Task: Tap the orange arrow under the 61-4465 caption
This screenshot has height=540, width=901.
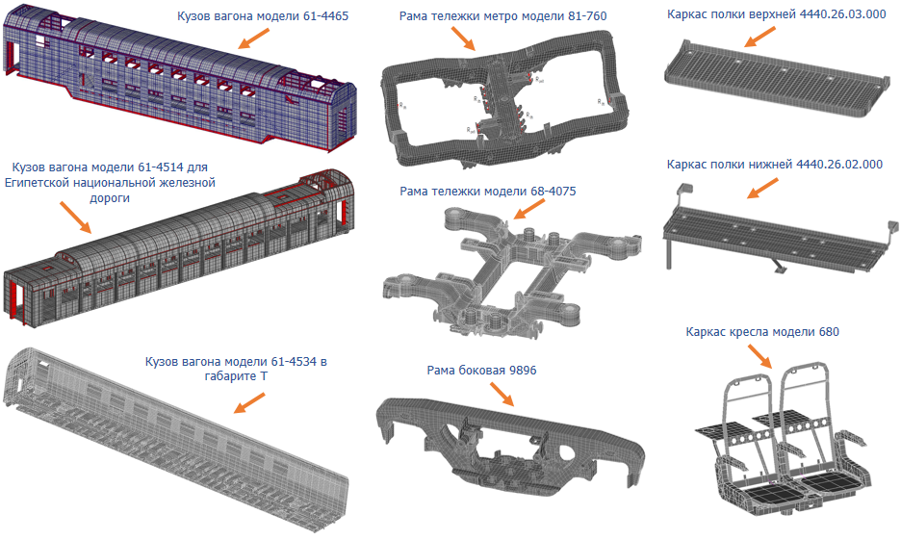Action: (x=253, y=38)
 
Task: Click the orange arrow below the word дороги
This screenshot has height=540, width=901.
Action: (x=75, y=217)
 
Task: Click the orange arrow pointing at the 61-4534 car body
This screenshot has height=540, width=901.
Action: (x=249, y=402)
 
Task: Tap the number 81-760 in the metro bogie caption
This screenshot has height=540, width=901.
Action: (x=585, y=16)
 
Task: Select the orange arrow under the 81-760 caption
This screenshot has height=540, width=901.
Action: (x=463, y=38)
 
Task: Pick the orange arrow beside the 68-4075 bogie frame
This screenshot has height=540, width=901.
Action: (x=528, y=209)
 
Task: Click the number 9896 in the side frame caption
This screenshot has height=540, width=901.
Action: (x=523, y=371)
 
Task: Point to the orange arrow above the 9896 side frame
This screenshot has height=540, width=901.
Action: (x=502, y=394)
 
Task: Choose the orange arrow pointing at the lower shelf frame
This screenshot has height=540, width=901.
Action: (x=762, y=189)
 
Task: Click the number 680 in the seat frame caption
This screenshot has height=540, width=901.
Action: (x=829, y=332)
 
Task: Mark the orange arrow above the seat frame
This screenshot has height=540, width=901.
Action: (x=759, y=355)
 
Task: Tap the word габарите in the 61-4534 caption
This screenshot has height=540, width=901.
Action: (x=232, y=377)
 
